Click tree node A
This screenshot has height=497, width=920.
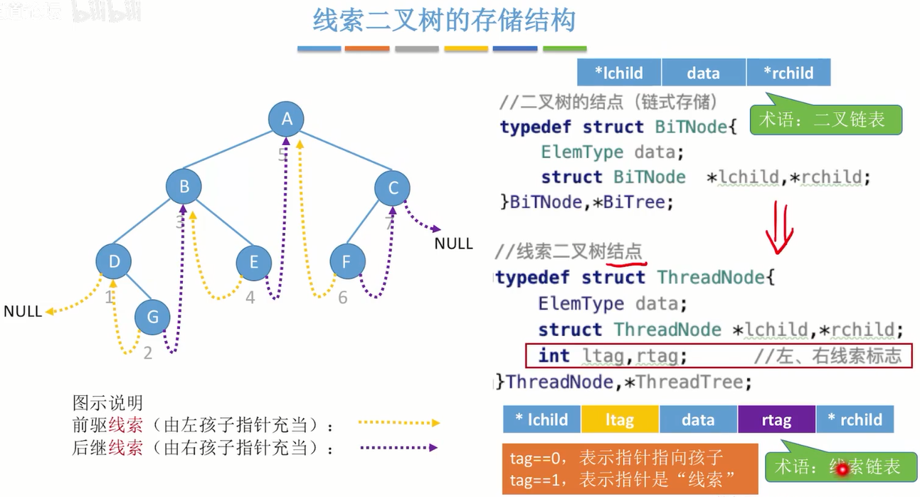(x=287, y=118)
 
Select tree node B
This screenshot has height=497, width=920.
(x=184, y=187)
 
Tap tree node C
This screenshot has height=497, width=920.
(x=393, y=188)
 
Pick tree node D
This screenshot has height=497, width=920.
(x=114, y=261)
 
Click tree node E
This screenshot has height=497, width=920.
(x=254, y=262)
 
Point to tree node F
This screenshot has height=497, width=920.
(x=347, y=261)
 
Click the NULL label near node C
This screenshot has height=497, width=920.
(x=453, y=244)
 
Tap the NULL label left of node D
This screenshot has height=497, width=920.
(x=22, y=311)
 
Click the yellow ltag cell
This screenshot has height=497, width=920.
(x=620, y=420)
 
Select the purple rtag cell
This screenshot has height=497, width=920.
(x=776, y=420)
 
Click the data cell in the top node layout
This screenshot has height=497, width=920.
(x=703, y=73)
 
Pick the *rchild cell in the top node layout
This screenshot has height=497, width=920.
(x=788, y=73)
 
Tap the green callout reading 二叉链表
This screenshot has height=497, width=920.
(x=825, y=120)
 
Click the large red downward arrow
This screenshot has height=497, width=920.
(x=778, y=228)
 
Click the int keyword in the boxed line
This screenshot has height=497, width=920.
(x=554, y=355)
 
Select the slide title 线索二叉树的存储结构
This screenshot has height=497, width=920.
(x=444, y=21)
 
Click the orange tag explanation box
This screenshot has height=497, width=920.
(x=629, y=468)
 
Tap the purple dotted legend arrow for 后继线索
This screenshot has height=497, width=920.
(x=398, y=448)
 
